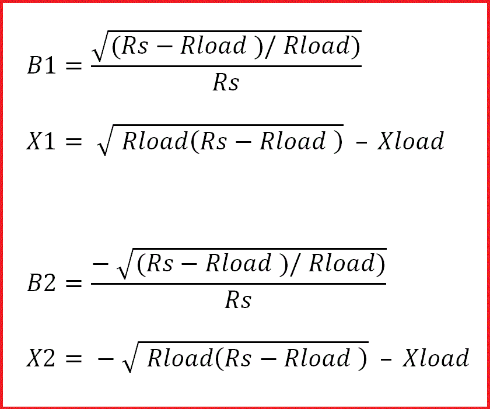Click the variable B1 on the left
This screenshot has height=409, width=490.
(42, 65)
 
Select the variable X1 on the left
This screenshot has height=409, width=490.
(42, 142)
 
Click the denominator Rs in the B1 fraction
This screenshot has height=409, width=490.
(226, 83)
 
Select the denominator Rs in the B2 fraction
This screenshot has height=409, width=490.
(238, 300)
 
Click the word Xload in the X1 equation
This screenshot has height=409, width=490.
(411, 141)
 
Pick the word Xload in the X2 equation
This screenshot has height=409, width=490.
(436, 358)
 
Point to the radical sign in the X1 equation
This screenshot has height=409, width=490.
(103, 142)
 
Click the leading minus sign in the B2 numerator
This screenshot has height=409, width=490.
(101, 264)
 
